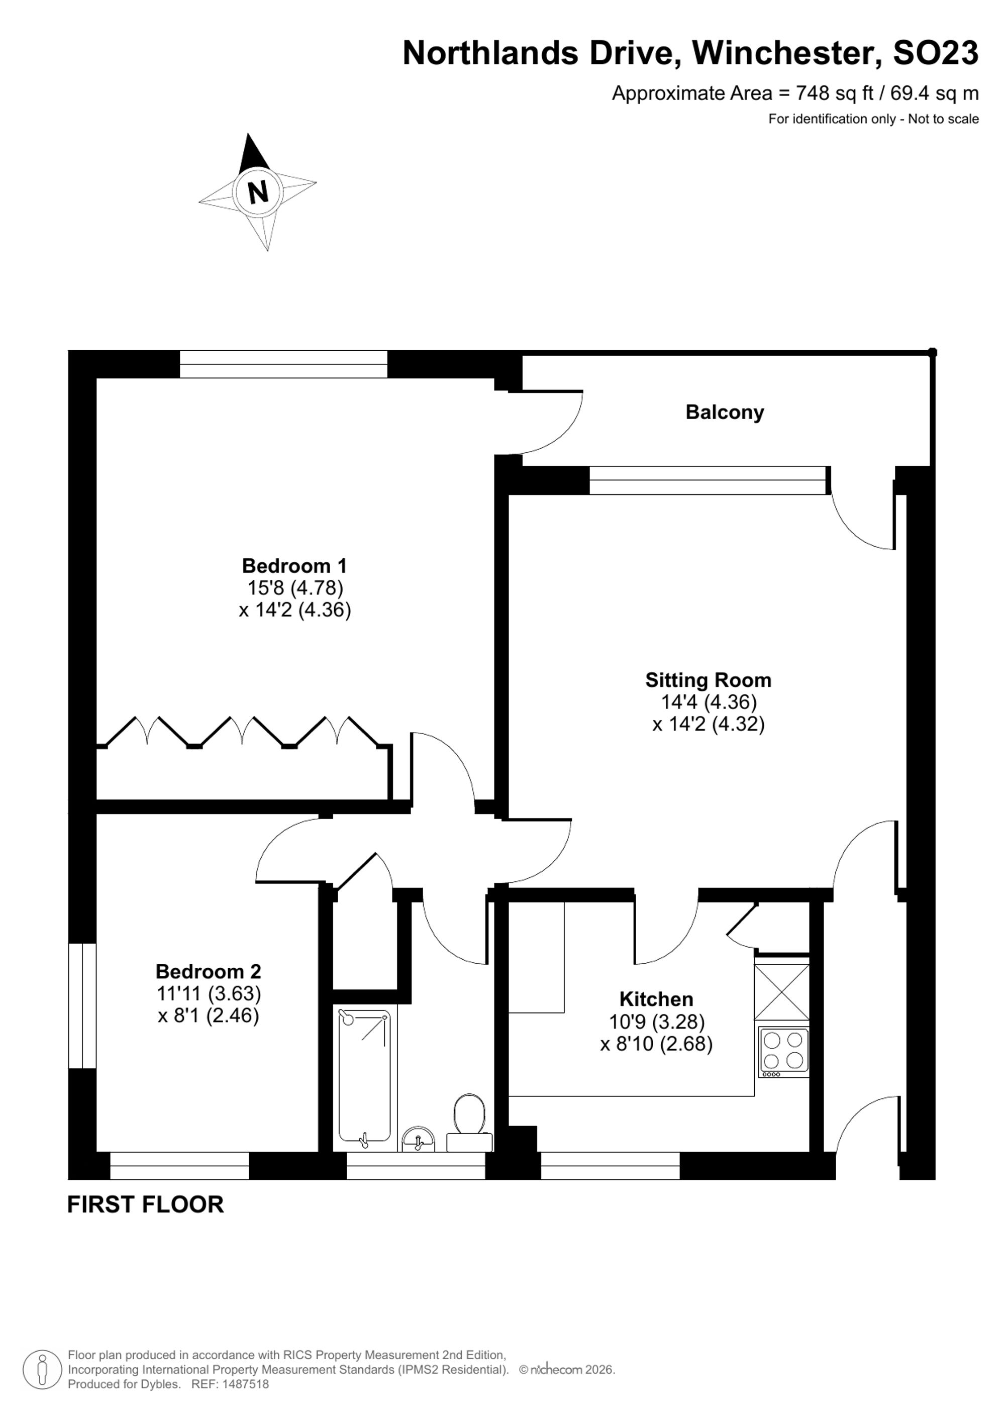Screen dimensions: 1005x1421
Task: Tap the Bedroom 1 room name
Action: pyautogui.click(x=294, y=566)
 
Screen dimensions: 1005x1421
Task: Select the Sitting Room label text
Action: pyautogui.click(x=709, y=680)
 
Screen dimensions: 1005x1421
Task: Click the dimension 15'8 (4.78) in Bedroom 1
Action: pyautogui.click(x=295, y=587)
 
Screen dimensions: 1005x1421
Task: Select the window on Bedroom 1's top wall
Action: pyautogui.click(x=283, y=364)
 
